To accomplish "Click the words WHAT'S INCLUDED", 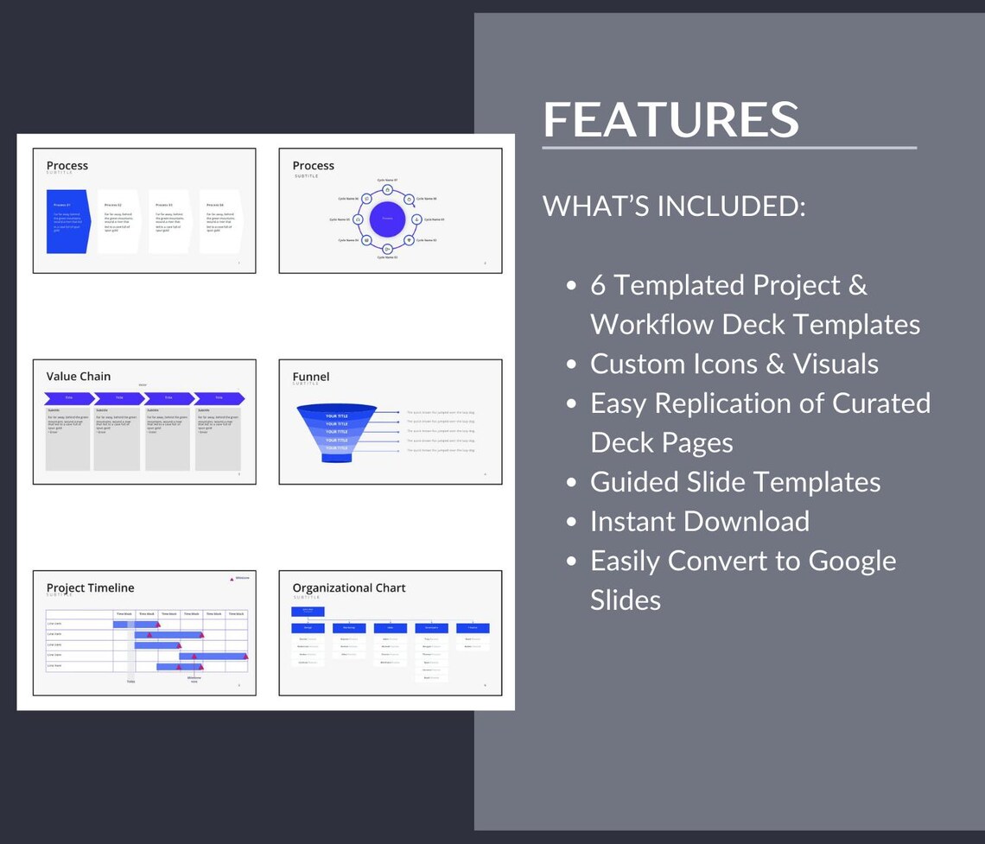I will [x=674, y=206].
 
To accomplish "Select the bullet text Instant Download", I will [x=700, y=522].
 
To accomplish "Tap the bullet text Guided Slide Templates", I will [x=735, y=482].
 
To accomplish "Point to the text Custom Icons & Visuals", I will [x=734, y=364].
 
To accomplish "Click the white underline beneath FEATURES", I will [x=729, y=148].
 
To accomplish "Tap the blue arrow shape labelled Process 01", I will [x=68, y=221].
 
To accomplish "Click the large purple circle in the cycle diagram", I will [x=387, y=219].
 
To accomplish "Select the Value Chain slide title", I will [x=79, y=377].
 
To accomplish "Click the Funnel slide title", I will [x=311, y=377].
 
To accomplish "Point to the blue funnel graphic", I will [x=337, y=432].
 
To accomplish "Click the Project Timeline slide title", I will [x=91, y=588].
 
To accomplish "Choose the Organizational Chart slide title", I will [x=349, y=588].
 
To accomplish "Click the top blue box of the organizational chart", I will [x=308, y=611].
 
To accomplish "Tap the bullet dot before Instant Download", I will [x=571, y=523].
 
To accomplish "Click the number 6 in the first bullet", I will [x=599, y=285].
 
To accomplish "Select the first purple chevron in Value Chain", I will [x=69, y=398].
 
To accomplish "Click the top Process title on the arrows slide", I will [x=67, y=166].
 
